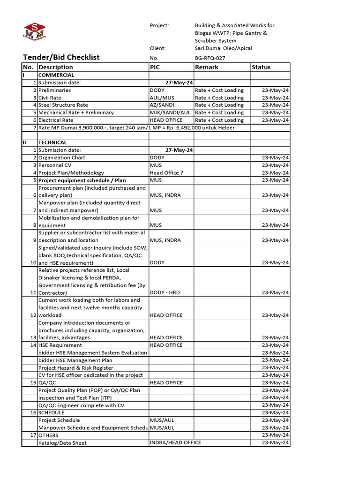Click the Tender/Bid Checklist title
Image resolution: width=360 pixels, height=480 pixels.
[61, 57]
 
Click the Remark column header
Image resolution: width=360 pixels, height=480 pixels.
[207, 67]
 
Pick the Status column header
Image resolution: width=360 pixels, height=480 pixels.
[261, 67]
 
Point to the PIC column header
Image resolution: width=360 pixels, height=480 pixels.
[155, 67]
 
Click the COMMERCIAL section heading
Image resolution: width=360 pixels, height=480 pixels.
[56, 75]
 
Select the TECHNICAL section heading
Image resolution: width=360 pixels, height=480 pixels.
[52, 142]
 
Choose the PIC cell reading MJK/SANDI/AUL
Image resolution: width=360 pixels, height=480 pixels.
[170, 112]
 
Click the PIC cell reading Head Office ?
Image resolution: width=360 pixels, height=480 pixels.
[166, 172]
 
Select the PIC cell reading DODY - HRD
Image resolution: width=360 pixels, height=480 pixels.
[165, 292]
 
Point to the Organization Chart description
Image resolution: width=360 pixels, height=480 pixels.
[62, 157]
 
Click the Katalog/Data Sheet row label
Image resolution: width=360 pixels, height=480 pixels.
[62, 442]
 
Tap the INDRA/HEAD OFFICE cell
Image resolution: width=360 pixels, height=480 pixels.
[175, 442]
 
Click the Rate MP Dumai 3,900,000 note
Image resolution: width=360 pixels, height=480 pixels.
[136, 127]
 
